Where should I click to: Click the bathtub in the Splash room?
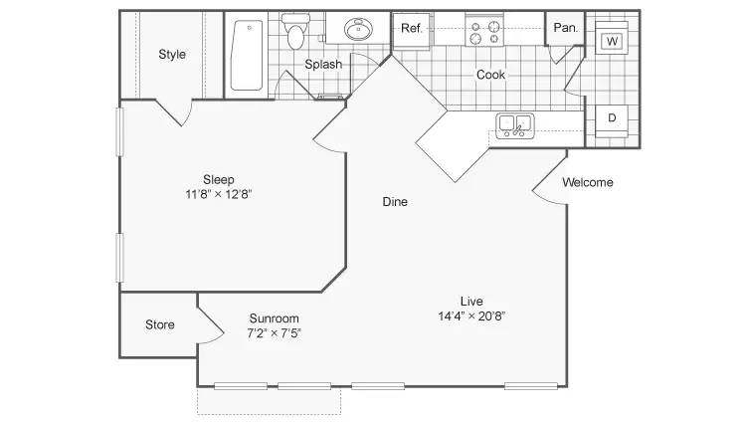point(247,55)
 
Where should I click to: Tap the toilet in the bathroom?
point(295,32)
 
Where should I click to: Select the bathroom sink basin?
point(358,30)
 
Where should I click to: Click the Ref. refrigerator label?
point(412,28)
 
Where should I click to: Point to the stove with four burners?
point(484,31)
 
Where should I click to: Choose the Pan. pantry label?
point(566,28)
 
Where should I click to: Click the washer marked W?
point(612,41)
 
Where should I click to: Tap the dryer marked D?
point(612,118)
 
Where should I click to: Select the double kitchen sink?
point(515,125)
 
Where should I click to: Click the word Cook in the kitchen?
point(490,75)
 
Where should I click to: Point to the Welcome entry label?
point(588,182)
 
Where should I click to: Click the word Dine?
point(395,202)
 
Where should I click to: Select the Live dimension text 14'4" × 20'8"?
point(471,316)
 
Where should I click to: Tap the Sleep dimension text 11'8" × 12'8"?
point(218,194)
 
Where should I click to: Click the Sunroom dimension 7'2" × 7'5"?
point(274,333)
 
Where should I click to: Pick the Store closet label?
point(159,325)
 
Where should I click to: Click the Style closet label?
point(172,55)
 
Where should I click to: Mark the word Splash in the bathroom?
point(323,64)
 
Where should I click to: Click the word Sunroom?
point(275,318)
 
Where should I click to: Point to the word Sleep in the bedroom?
point(219,180)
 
